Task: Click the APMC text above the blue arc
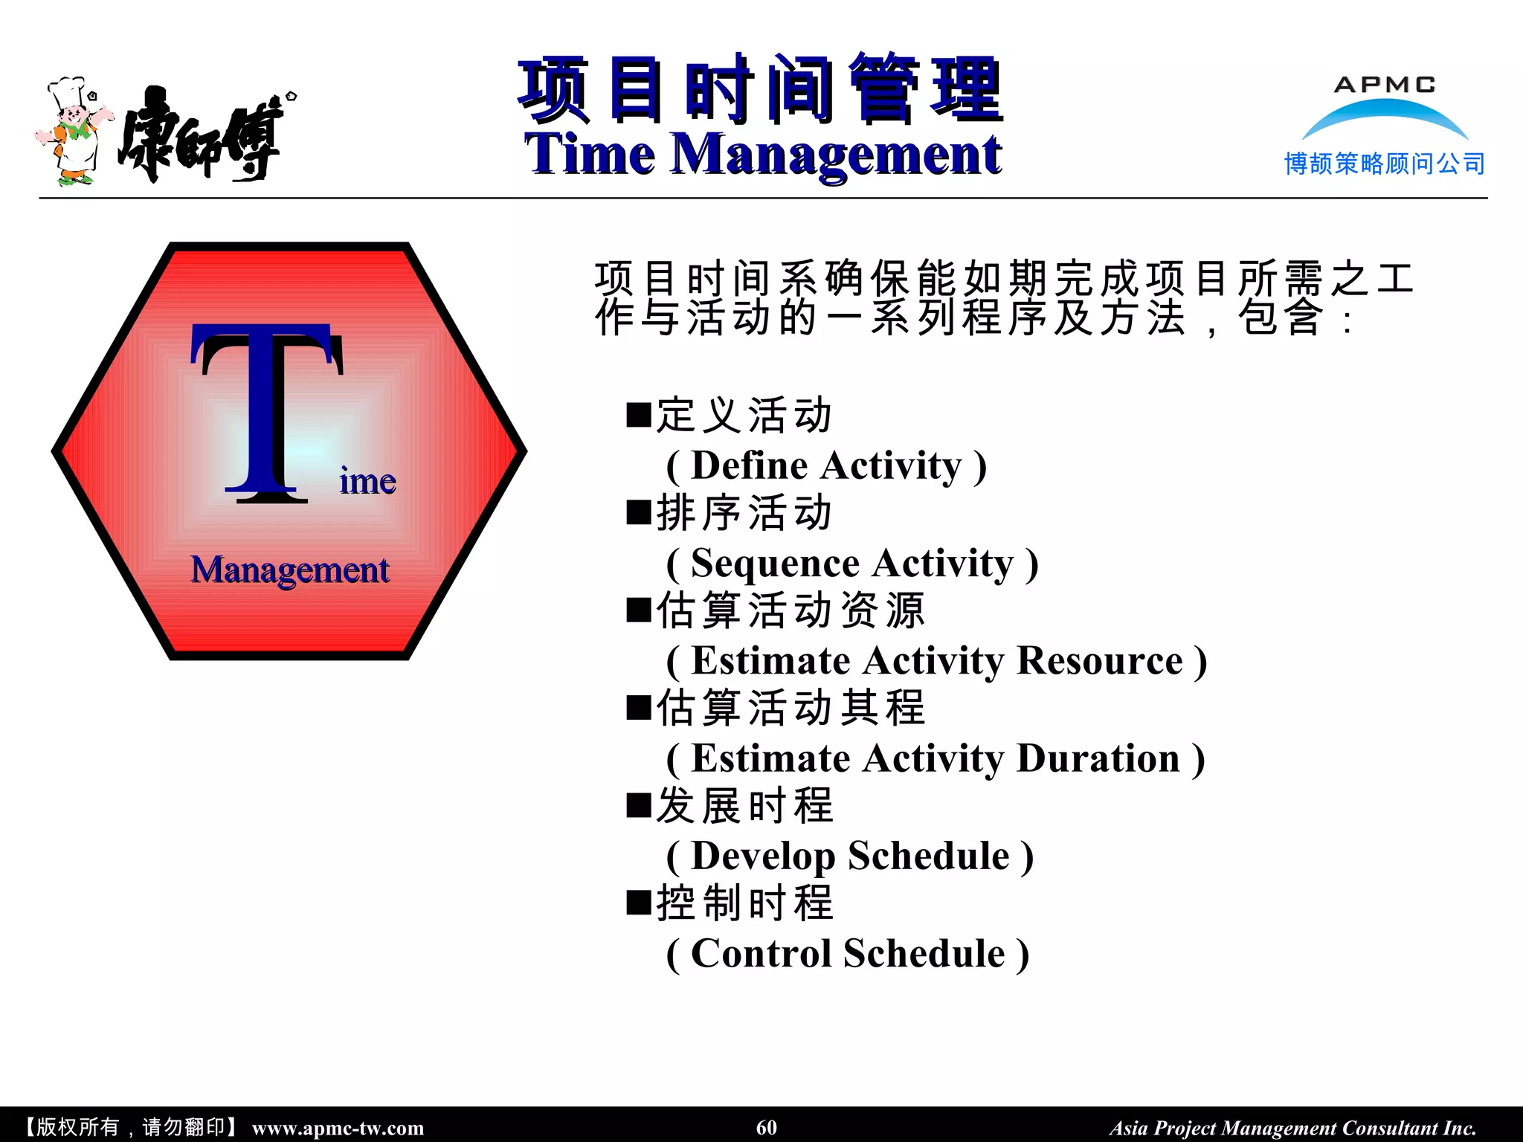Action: [1384, 85]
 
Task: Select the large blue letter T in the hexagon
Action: [266, 413]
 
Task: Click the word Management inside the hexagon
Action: [290, 570]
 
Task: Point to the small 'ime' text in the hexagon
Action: [367, 482]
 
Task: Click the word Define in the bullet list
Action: [749, 466]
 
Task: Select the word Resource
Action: [1099, 661]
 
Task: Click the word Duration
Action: [1098, 759]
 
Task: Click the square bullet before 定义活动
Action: [639, 415]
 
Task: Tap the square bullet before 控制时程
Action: [639, 903]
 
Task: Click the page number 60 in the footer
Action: [766, 1127]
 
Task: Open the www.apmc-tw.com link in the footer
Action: [338, 1128]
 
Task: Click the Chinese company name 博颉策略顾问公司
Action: [1384, 164]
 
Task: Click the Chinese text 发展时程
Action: [744, 806]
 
